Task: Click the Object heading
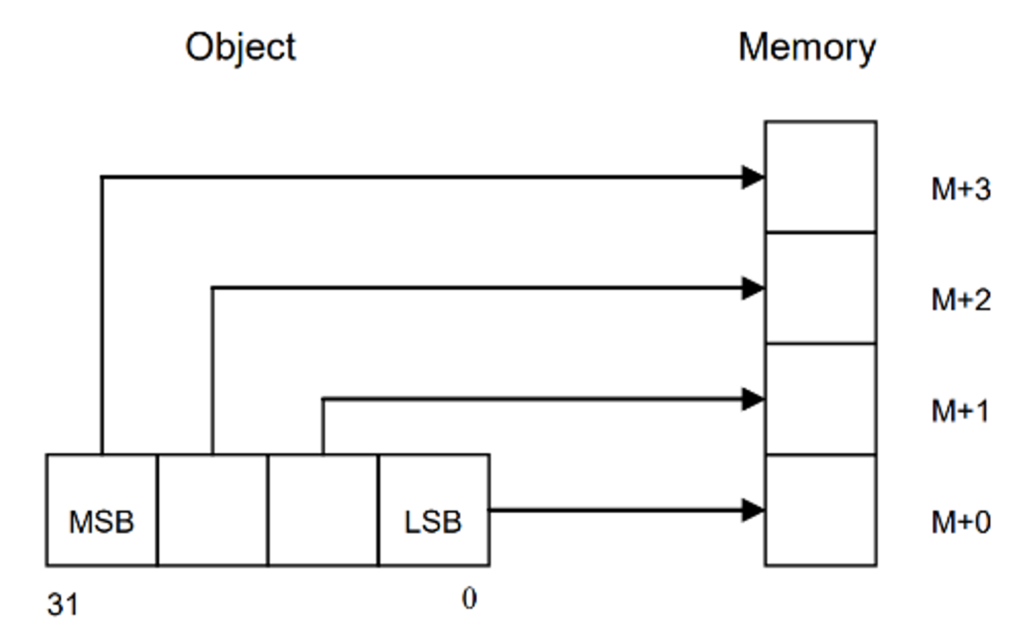(240, 48)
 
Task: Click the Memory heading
(807, 48)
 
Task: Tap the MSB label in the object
(101, 522)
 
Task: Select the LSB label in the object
(433, 522)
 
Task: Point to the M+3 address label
(961, 190)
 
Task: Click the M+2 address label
(961, 300)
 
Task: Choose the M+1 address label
(960, 411)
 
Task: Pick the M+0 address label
(961, 523)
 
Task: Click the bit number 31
(63, 605)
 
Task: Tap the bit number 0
(469, 599)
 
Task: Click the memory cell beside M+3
(820, 176)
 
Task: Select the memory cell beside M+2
(820, 288)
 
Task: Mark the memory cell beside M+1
(820, 399)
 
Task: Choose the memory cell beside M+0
(820, 510)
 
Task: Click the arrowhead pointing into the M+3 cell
(753, 177)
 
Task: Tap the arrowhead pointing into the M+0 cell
(753, 510)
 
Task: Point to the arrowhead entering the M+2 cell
(753, 288)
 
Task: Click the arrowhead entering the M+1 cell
(753, 399)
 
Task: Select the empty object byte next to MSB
(212, 510)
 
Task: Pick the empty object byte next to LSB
(323, 510)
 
